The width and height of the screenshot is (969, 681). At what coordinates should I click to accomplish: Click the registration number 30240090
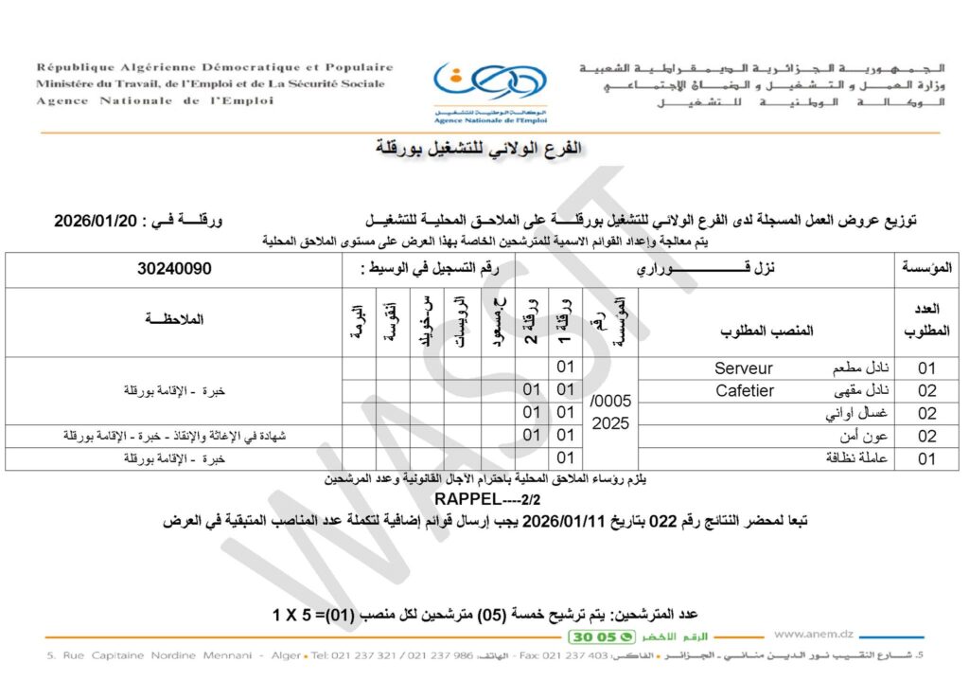(x=174, y=269)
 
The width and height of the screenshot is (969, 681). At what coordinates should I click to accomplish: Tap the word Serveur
(x=744, y=368)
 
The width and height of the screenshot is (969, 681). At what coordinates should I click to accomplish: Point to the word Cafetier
(x=745, y=390)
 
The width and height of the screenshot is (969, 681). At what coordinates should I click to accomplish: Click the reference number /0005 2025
(x=609, y=413)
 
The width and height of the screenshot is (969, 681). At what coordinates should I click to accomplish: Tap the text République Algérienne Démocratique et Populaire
(x=215, y=67)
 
